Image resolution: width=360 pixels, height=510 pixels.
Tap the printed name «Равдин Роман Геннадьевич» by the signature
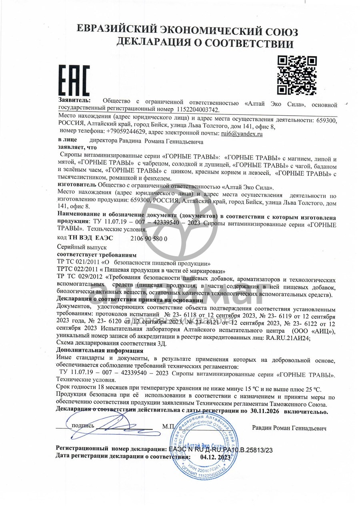pos(289,428)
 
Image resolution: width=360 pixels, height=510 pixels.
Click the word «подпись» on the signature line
pos(83,426)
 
